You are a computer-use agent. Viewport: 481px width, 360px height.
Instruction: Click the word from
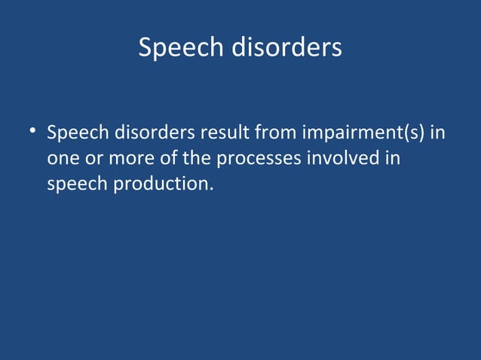[277, 135]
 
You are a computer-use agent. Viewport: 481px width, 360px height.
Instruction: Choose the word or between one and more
[94, 160]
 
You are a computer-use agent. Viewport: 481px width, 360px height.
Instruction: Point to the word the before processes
[197, 160]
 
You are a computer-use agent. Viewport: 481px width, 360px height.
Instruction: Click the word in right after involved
[393, 160]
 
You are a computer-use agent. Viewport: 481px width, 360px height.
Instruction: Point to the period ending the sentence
[207, 188]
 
